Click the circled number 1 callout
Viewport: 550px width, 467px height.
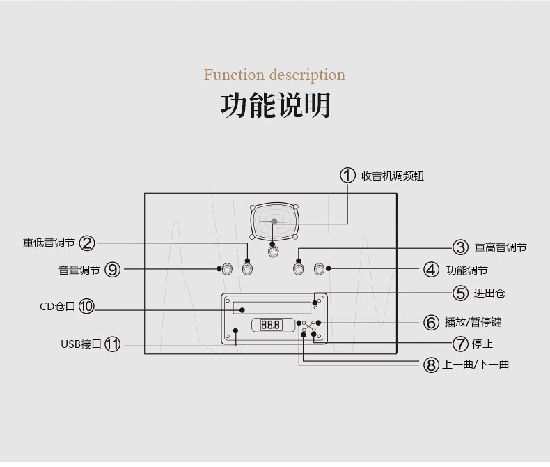tap(347, 176)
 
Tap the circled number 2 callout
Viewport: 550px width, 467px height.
tap(87, 243)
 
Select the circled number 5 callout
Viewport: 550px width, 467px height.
tap(460, 293)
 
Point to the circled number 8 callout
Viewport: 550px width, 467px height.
tap(431, 364)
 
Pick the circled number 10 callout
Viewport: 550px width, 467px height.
tap(86, 306)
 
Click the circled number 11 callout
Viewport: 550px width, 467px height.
tap(112, 344)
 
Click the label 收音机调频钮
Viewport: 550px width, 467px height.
tap(392, 176)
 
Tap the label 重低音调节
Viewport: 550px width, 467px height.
tap(49, 243)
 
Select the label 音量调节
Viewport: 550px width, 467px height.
tap(79, 270)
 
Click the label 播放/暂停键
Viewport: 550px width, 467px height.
tap(473, 322)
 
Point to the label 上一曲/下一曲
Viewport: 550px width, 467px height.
tap(476, 364)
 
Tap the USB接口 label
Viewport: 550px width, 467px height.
tap(81, 344)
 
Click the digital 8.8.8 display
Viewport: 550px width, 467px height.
tap(271, 325)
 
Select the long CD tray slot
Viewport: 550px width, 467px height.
tap(272, 307)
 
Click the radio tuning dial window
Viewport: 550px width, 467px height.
tap(274, 222)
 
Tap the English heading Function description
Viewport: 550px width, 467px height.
tap(274, 75)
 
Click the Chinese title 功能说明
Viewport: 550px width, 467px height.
tap(275, 105)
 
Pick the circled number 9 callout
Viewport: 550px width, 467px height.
tap(112, 270)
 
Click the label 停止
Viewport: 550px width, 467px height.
tap(482, 344)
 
